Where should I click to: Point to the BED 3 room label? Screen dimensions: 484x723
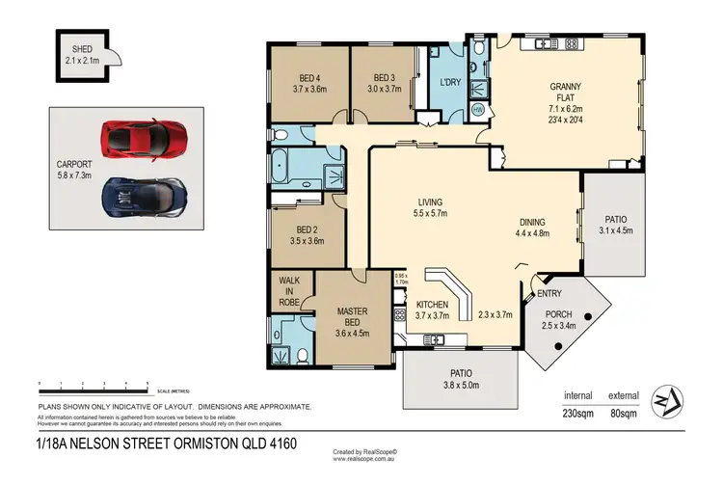[x=383, y=78]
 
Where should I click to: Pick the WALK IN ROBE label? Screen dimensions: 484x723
[x=290, y=291]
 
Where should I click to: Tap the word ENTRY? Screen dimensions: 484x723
[x=550, y=293]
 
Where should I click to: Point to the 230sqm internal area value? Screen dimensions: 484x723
[x=579, y=414]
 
